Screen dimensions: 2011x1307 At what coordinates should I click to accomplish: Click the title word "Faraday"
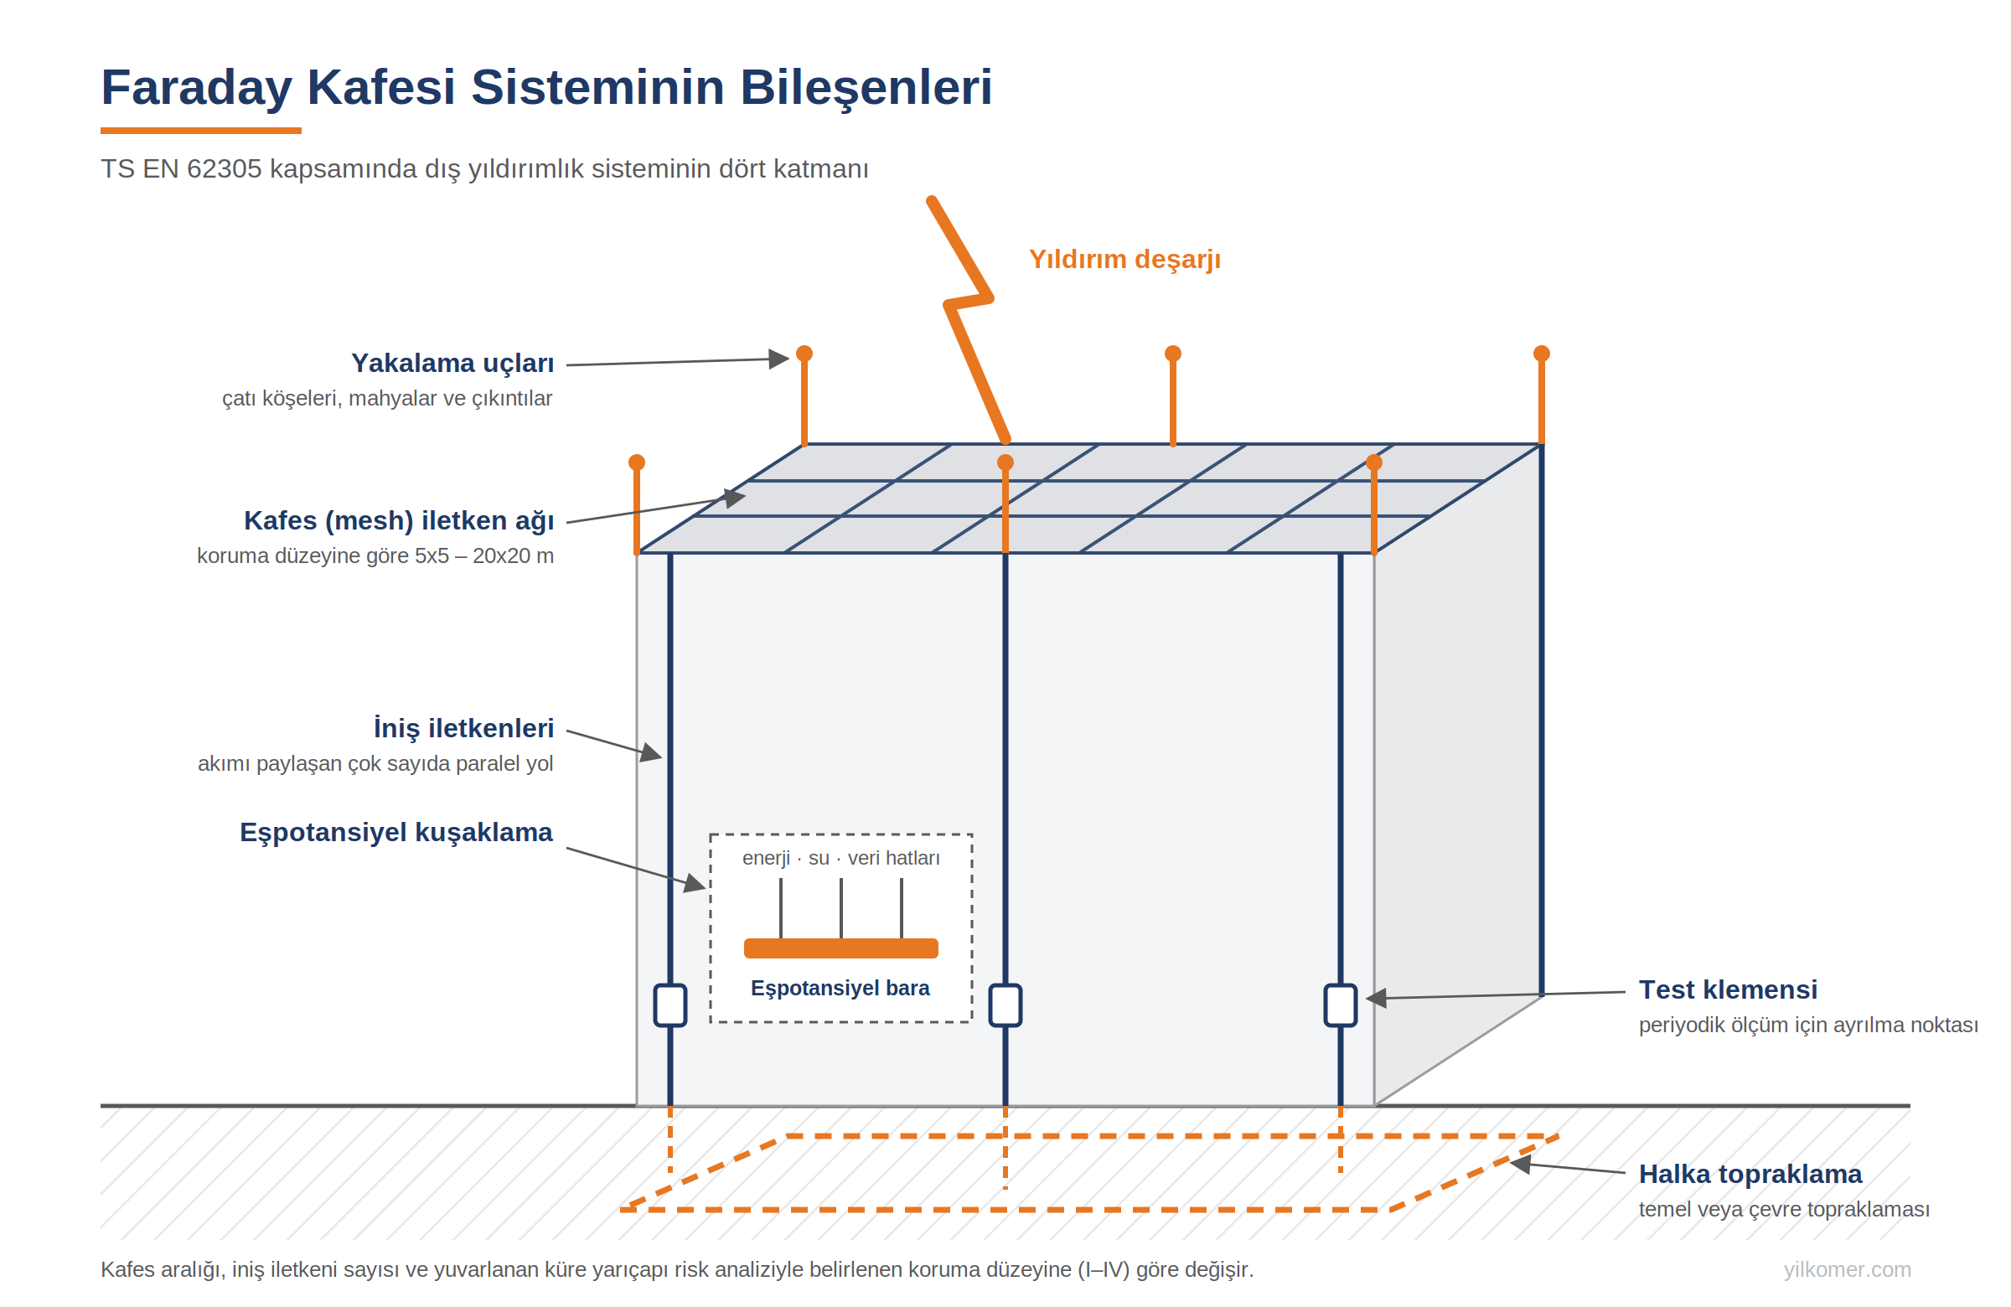coord(196,87)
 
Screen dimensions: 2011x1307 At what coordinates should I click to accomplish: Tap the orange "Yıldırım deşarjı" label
coord(1124,260)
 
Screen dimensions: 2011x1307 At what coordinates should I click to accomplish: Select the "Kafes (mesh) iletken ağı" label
coord(399,521)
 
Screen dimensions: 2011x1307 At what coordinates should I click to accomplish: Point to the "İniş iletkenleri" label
coord(464,728)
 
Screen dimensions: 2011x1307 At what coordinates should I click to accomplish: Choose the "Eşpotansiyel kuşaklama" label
coord(396,833)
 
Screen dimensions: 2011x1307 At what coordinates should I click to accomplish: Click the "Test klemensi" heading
coord(1728,989)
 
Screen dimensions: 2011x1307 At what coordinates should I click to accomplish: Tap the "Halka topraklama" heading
coord(1750,1175)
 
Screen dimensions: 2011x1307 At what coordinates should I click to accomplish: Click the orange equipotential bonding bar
coord(840,948)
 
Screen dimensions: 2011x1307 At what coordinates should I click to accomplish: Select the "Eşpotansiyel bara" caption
coord(840,989)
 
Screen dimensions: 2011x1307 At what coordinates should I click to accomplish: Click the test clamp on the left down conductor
coord(670,1005)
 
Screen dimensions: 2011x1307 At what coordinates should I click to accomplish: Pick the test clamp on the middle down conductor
coord(1005,1005)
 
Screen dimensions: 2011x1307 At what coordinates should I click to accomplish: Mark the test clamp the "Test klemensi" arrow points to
coord(1340,1005)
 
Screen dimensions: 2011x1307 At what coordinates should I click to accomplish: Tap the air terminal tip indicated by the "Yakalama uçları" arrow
coord(804,354)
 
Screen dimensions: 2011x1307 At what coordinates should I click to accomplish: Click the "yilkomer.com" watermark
coord(1847,1270)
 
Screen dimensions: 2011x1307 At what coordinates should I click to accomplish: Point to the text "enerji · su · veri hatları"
coord(840,859)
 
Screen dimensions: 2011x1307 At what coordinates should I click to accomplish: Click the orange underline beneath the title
coord(201,131)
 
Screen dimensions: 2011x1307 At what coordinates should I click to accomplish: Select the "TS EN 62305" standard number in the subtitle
coord(181,169)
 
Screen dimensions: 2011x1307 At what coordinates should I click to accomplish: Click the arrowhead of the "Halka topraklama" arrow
coord(1520,1165)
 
